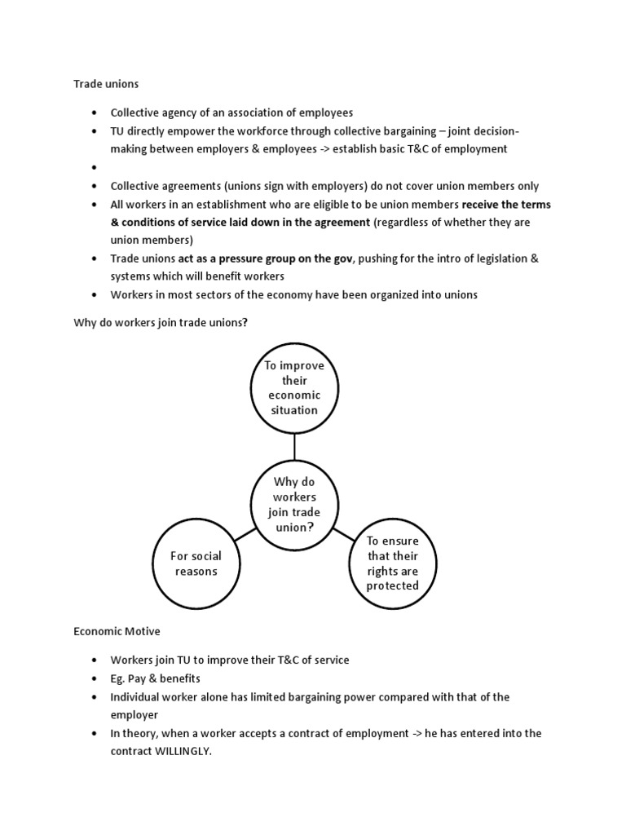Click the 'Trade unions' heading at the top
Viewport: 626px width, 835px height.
[x=106, y=83]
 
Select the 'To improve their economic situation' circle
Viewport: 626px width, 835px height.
[x=294, y=388]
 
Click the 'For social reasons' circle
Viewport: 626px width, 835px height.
[x=196, y=563]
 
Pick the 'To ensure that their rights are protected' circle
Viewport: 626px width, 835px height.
[x=393, y=563]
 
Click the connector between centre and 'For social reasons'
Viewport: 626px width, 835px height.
[x=245, y=534]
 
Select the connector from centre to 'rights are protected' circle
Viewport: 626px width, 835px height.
[x=343, y=534]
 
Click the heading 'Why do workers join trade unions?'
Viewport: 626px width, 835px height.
[x=161, y=323]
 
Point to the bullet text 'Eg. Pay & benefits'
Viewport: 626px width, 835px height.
[x=156, y=678]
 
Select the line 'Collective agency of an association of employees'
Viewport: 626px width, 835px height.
[x=231, y=113]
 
